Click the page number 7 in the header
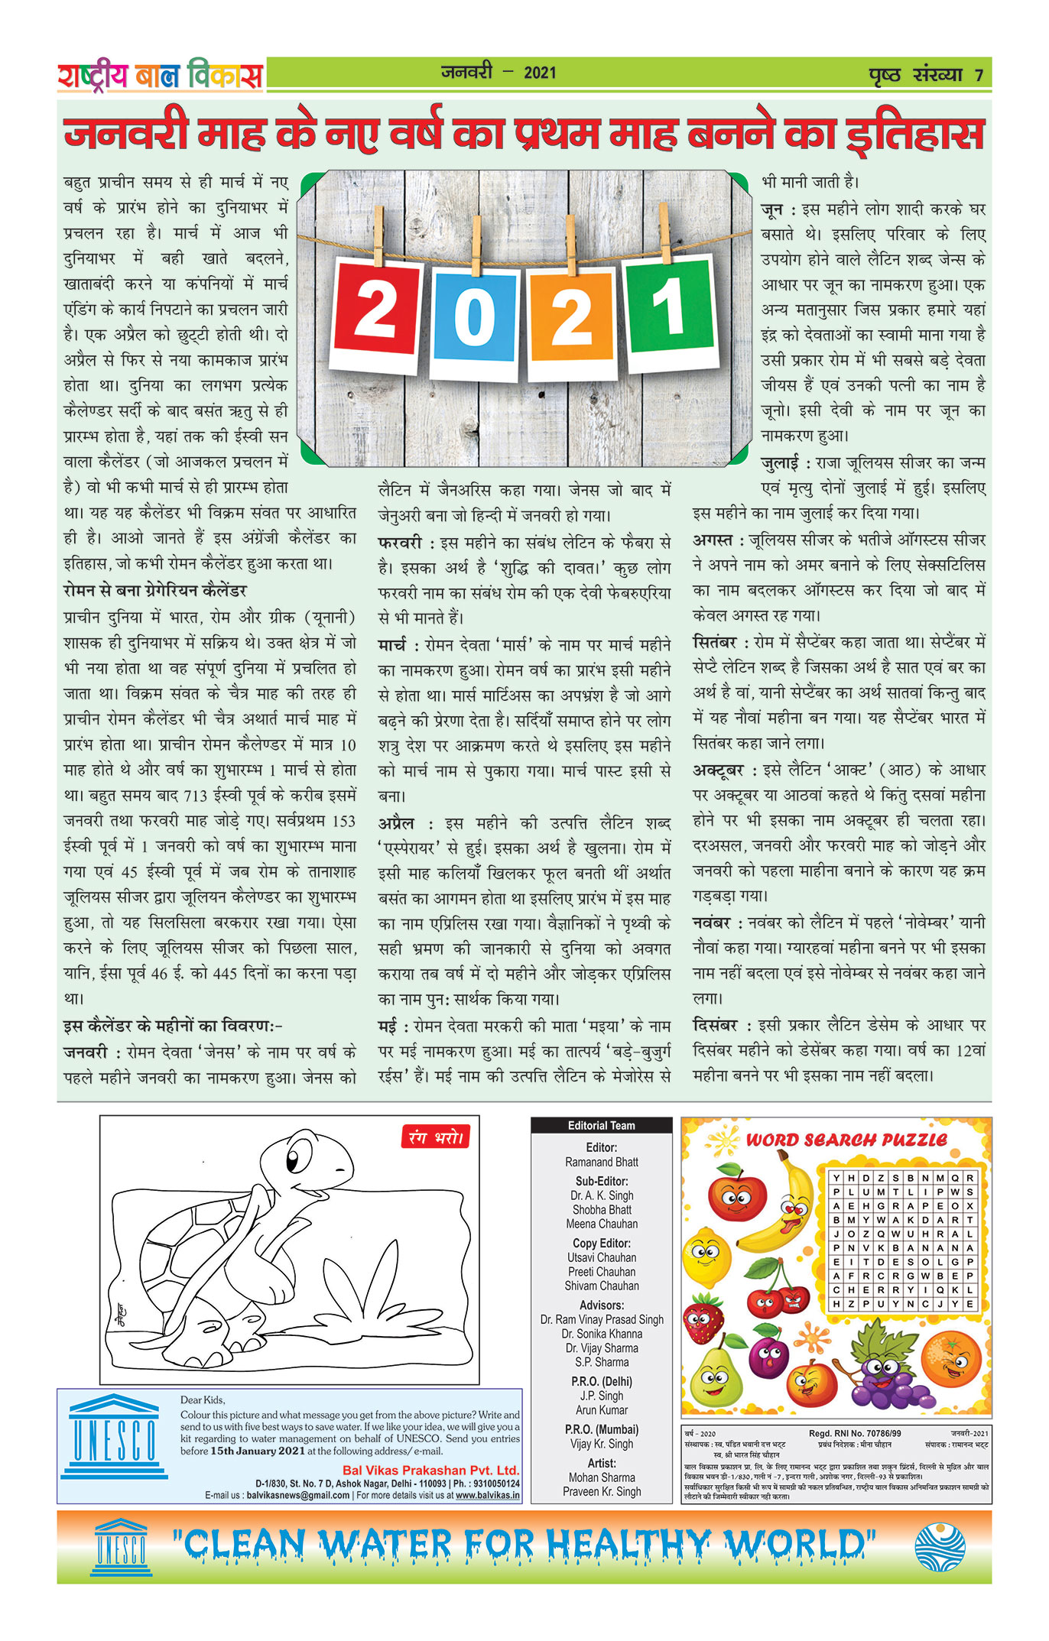tap(979, 75)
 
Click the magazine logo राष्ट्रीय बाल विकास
tap(160, 75)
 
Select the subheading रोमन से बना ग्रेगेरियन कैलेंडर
tap(155, 590)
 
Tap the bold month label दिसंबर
tap(715, 1025)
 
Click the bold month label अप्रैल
tap(396, 823)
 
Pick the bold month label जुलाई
tap(780, 462)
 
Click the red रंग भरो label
tap(435, 1137)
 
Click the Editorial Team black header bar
tap(601, 1125)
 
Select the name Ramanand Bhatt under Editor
tap(602, 1162)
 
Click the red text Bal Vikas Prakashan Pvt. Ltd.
tap(430, 1470)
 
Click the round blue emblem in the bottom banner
tap(940, 1547)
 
